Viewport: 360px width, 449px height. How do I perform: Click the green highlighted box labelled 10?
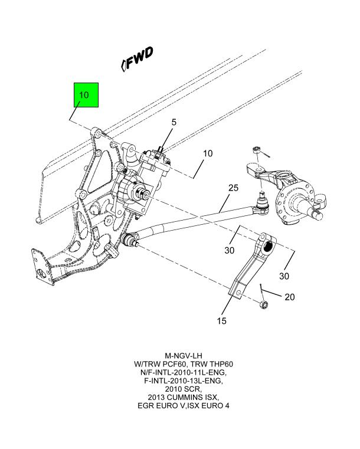click(86, 95)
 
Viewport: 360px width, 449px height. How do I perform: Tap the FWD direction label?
click(137, 59)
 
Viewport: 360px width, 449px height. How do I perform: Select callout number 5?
click(174, 122)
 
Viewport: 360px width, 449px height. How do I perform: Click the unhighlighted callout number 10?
click(208, 153)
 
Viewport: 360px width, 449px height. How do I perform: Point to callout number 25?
click(234, 188)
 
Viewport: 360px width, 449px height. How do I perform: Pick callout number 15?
click(222, 321)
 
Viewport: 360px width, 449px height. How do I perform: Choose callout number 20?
click(290, 297)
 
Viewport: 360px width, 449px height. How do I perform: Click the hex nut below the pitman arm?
click(264, 305)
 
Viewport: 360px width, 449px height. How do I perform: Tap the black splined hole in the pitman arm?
click(269, 246)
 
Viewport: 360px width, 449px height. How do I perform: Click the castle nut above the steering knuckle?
click(256, 149)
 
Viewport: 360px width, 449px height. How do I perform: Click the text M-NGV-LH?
click(184, 356)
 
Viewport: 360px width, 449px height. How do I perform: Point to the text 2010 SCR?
click(184, 389)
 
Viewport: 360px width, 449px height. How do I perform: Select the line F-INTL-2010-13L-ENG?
click(184, 381)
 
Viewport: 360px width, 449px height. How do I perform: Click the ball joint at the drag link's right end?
click(261, 204)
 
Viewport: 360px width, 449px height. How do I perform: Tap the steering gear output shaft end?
click(146, 195)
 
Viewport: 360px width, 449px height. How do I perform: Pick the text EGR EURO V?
click(161, 406)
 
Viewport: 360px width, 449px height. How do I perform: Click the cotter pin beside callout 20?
click(262, 289)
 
